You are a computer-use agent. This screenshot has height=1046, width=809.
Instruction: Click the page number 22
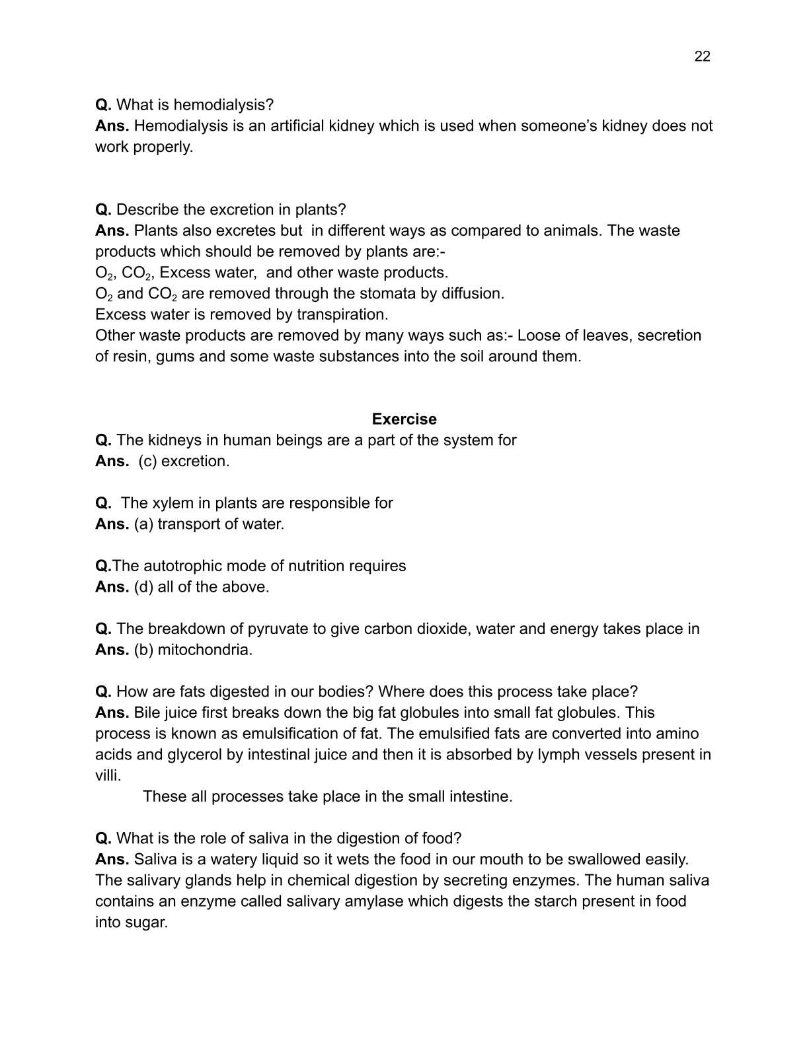[x=702, y=57]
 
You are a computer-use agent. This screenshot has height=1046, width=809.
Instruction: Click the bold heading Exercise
[x=404, y=419]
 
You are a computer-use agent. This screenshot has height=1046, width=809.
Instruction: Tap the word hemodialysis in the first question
[x=223, y=105]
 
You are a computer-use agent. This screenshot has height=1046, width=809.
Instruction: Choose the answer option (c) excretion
[x=184, y=462]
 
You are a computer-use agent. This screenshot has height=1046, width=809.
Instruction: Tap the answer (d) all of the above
[x=202, y=587]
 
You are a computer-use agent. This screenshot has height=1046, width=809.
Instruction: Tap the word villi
[x=107, y=776]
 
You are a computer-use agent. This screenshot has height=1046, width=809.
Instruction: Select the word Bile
[x=146, y=713]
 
